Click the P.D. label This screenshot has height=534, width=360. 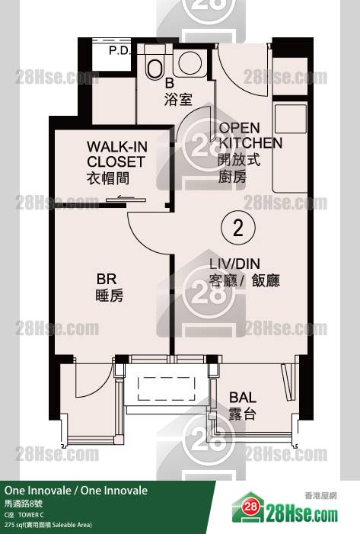[119, 50]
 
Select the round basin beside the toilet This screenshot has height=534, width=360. [190, 62]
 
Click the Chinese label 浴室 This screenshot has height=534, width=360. [178, 100]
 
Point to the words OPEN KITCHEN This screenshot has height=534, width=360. [250, 135]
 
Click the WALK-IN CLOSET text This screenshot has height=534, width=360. [117, 155]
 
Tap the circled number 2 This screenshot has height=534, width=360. [238, 227]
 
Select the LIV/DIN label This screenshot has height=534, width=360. [234, 264]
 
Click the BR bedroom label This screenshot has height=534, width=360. [107, 279]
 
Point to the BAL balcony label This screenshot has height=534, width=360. [243, 398]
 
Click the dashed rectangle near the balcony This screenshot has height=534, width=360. [167, 389]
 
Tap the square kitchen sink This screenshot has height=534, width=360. [291, 119]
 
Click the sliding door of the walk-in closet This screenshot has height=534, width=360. [126, 200]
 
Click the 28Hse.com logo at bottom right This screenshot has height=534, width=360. [285, 509]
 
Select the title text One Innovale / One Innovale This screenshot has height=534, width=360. [76, 491]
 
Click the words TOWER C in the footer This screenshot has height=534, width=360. [31, 515]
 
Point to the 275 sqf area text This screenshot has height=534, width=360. [48, 525]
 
